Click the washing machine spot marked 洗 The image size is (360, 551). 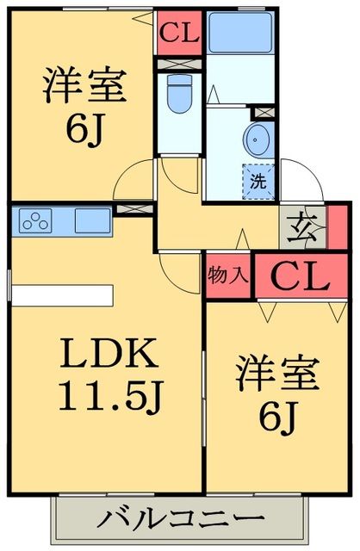click(258, 181)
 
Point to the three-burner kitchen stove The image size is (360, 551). click(39, 220)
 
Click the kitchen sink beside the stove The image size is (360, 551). click(91, 220)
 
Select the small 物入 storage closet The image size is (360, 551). click(228, 275)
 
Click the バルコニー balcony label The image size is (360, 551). click(180, 520)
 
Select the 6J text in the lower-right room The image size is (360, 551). click(277, 418)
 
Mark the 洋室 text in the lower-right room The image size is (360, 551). click(277, 375)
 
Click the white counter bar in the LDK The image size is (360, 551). click(62, 295)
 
